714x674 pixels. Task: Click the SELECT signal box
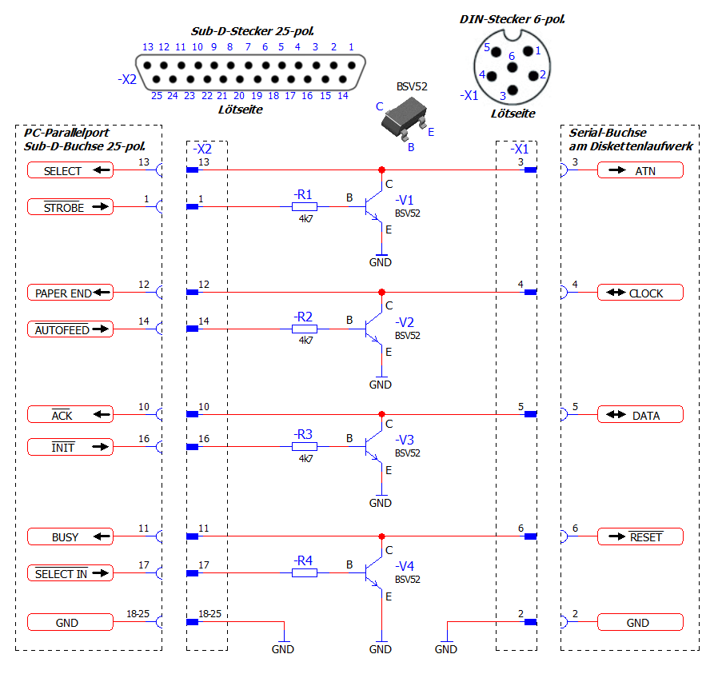click(70, 170)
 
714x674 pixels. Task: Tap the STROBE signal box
click(70, 207)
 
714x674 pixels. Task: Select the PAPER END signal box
click(70, 293)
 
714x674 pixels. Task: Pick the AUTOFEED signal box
click(70, 329)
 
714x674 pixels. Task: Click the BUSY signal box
click(70, 536)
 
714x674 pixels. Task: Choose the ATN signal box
click(640, 170)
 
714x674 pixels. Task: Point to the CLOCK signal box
click(640, 293)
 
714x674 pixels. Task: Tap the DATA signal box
click(640, 415)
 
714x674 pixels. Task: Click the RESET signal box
click(640, 536)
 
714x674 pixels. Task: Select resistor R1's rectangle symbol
click(305, 206)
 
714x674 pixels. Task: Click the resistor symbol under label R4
click(305, 572)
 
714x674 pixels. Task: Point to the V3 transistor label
click(405, 441)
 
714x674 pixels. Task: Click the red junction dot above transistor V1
click(381, 169)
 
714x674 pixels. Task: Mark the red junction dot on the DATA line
click(381, 414)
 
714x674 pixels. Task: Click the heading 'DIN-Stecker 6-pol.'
click(513, 18)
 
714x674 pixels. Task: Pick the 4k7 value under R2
click(305, 341)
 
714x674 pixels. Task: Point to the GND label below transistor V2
click(381, 385)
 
